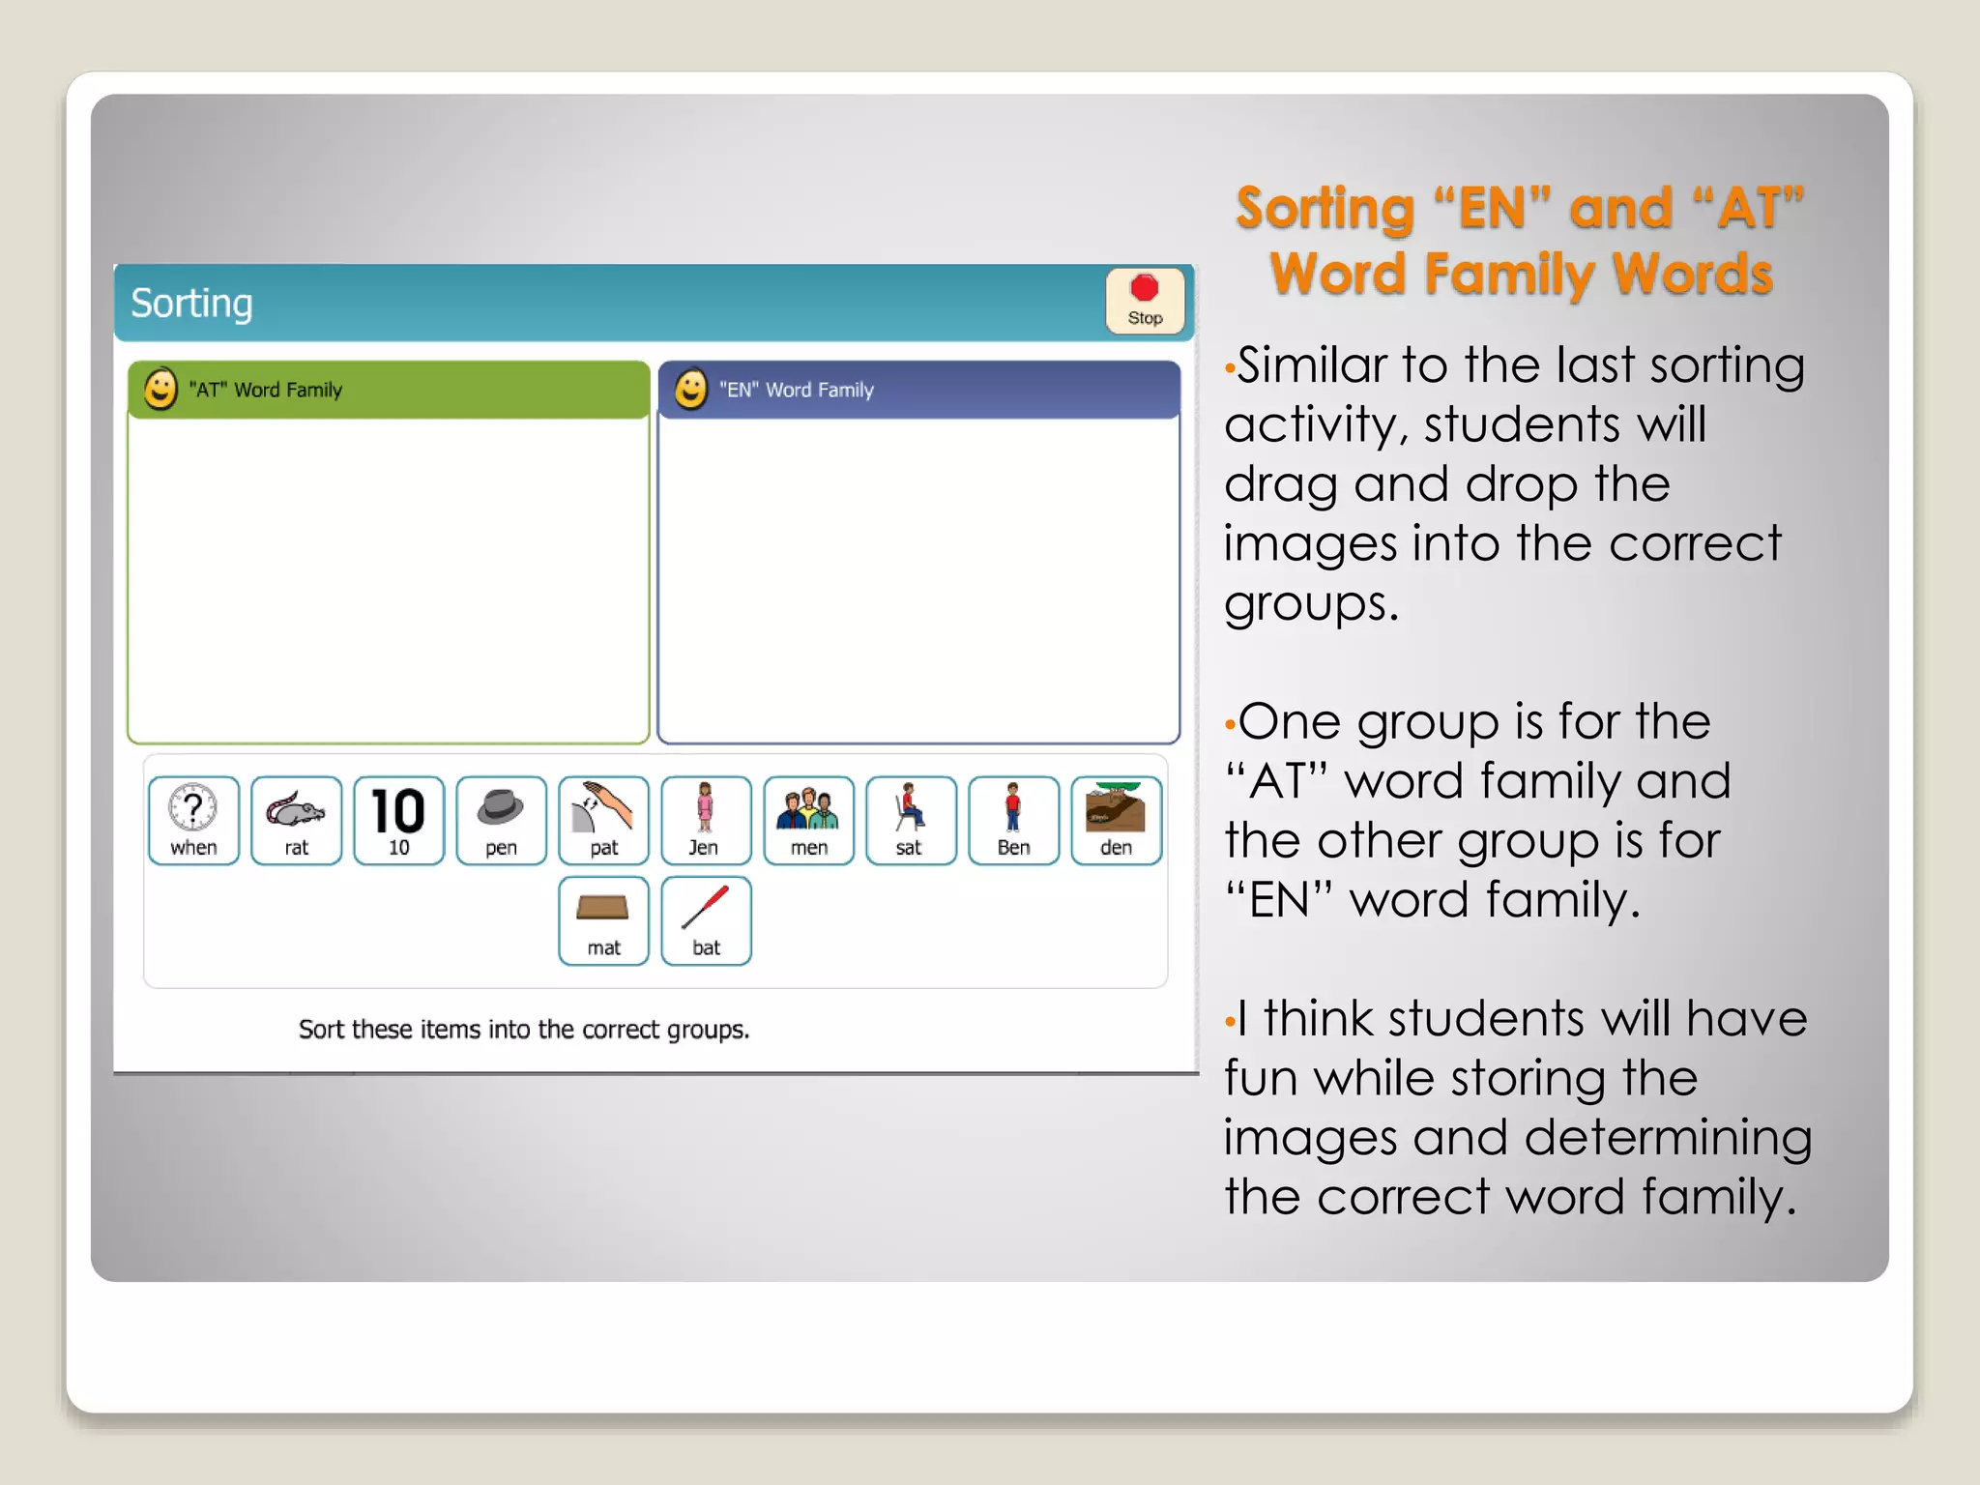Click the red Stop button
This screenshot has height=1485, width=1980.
(x=1145, y=301)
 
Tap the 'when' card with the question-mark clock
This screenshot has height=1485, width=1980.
(x=193, y=820)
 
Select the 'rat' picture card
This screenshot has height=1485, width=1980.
(x=296, y=820)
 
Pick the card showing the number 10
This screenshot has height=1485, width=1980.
(x=398, y=820)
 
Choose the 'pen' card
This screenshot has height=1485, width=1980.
(x=501, y=820)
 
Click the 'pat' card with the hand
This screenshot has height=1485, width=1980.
(x=603, y=820)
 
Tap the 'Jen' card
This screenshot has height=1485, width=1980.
(x=706, y=820)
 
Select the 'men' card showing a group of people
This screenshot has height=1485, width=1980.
(x=808, y=820)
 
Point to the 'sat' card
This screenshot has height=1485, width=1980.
(x=911, y=820)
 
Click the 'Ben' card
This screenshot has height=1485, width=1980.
(x=1013, y=820)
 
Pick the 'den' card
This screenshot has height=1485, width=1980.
(x=1116, y=820)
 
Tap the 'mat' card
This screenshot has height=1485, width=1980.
(x=603, y=920)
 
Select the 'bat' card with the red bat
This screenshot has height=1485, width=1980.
(x=706, y=920)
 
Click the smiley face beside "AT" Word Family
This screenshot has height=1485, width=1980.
(x=160, y=390)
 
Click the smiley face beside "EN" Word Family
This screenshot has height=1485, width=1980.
(x=690, y=390)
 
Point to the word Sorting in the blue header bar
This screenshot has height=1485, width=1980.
(x=191, y=304)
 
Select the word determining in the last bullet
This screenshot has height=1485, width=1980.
(x=1659, y=1138)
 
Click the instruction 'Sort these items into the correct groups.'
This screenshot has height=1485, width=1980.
(x=524, y=1030)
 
